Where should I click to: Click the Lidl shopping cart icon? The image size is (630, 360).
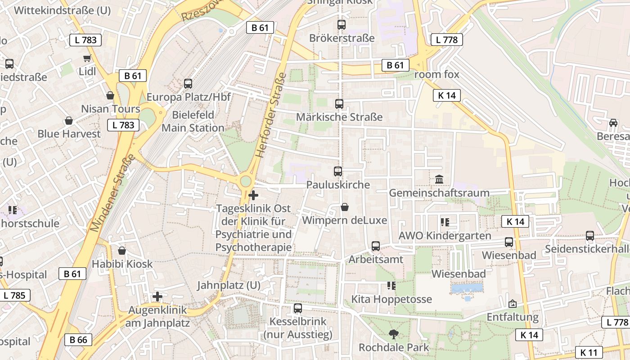coord(87,58)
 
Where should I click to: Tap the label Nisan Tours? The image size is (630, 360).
coord(111,109)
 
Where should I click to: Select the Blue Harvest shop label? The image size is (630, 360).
coord(69,134)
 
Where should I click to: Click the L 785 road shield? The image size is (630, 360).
coord(15,296)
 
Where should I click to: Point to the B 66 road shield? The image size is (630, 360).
coord(78,340)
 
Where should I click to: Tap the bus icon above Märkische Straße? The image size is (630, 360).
coord(339,104)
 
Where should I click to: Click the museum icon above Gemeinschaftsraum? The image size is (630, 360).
coord(439,180)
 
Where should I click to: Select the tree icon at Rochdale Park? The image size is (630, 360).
coord(394,334)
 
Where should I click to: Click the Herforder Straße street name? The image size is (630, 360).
coord(271,115)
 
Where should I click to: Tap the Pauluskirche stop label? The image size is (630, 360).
coord(338,184)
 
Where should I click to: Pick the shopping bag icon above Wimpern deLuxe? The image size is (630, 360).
coord(345,207)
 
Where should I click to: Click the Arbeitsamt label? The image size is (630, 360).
coord(376,260)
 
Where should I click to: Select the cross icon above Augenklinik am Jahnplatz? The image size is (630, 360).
coord(157,297)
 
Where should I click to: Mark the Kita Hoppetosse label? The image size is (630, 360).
coord(391,299)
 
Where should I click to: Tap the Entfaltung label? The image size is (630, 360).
coord(513,317)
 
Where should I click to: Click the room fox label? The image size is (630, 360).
coord(436,75)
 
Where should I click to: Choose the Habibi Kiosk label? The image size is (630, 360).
coord(122,264)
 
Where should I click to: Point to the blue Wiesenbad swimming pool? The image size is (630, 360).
coord(467,288)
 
